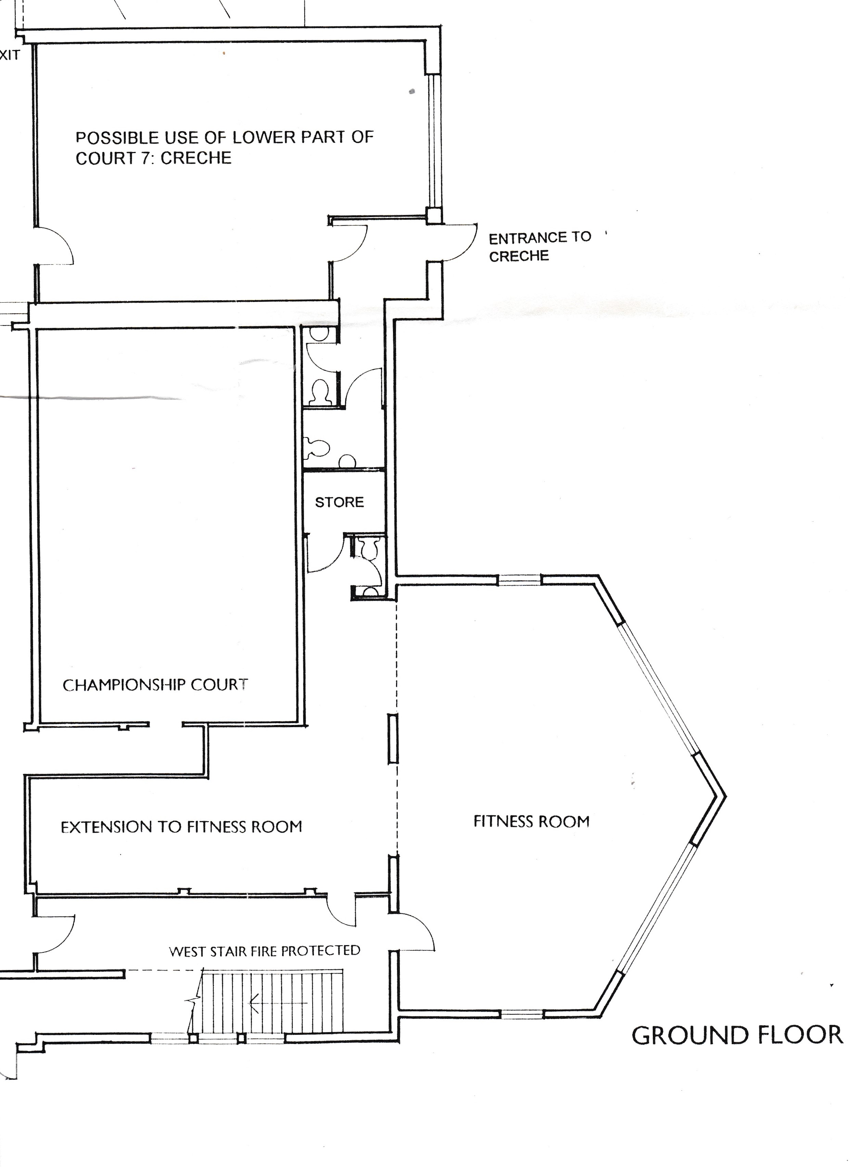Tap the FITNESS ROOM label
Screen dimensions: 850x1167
pyautogui.click(x=532, y=821)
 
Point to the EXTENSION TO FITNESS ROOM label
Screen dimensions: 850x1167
pyautogui.click(x=181, y=827)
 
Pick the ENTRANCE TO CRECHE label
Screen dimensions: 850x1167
pyautogui.click(x=540, y=246)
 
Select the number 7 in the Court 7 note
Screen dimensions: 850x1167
pyautogui.click(x=145, y=158)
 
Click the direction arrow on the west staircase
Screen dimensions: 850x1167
pyautogui.click(x=278, y=1003)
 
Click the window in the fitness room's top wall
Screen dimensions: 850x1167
pyautogui.click(x=520, y=580)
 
